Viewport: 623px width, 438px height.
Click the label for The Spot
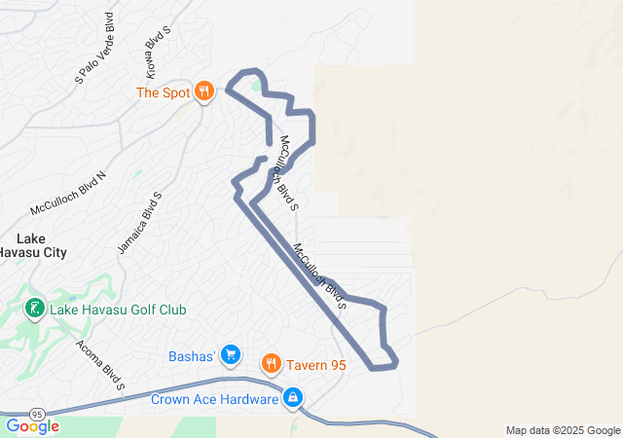[x=162, y=92]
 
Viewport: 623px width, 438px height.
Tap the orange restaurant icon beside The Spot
[x=203, y=92]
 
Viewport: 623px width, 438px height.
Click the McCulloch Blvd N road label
[x=68, y=193]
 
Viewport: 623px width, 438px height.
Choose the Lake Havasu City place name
[x=32, y=244]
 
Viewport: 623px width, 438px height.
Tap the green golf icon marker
[x=34, y=310]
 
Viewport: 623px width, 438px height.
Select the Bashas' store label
[x=191, y=354]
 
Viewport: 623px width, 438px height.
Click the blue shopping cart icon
[x=231, y=354]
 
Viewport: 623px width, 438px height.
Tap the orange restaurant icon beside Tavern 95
[x=272, y=365]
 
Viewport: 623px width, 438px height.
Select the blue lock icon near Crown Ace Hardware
[x=293, y=397]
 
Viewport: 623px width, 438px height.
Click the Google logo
[x=32, y=426]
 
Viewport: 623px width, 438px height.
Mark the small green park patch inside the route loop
[x=256, y=86]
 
